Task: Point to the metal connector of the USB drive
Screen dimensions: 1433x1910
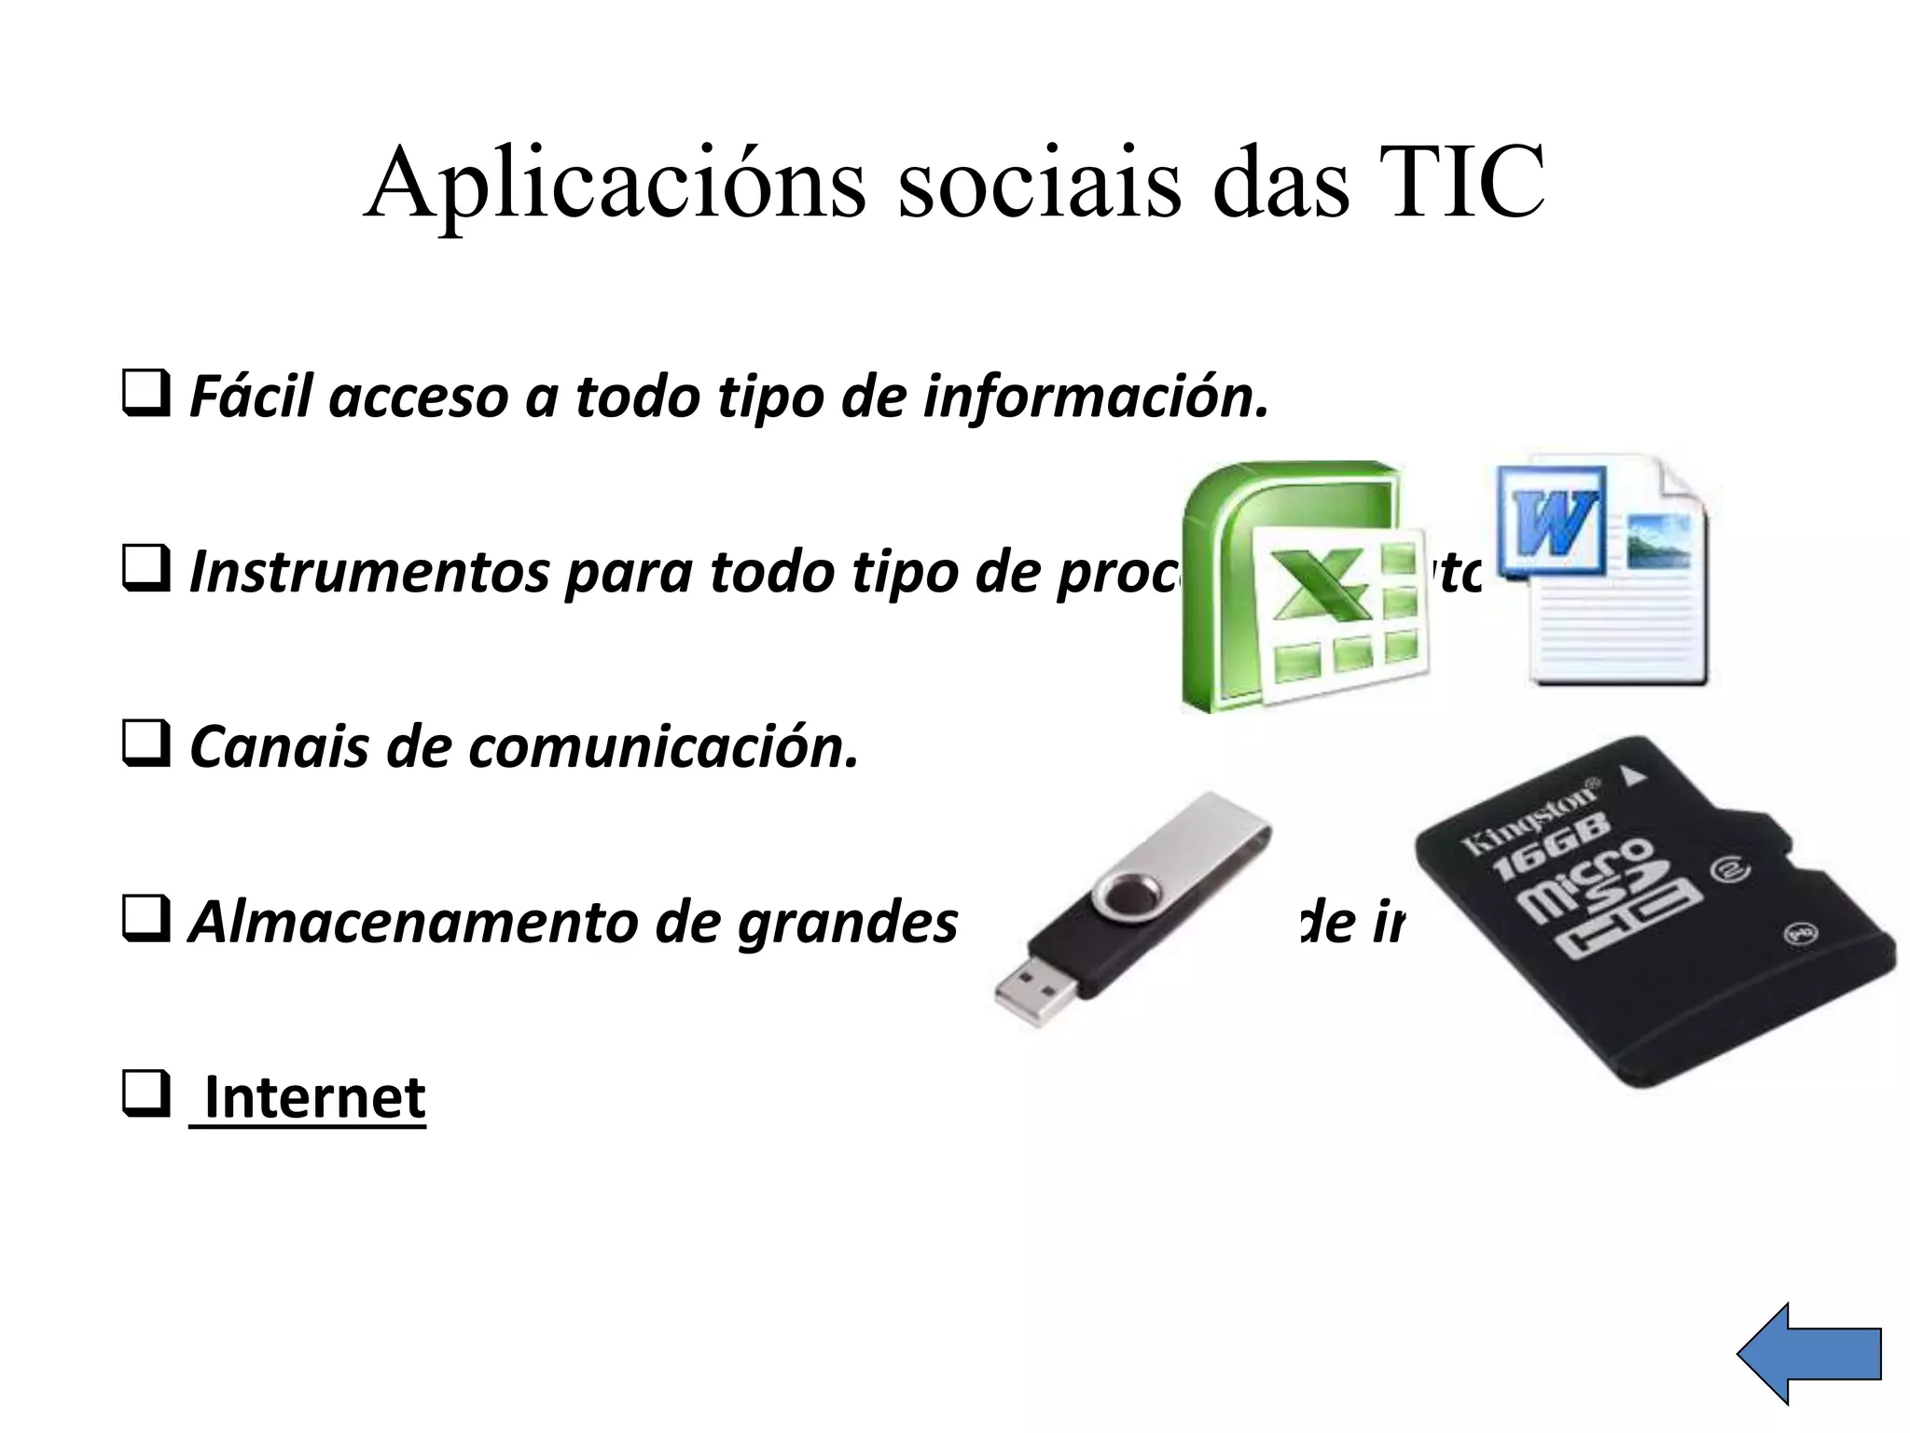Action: click(1035, 989)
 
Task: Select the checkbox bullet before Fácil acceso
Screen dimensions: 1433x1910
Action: click(145, 394)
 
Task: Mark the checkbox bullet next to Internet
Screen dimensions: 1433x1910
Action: click(145, 1095)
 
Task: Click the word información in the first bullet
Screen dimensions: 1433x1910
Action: click(1096, 397)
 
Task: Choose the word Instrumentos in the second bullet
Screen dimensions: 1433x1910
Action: click(369, 572)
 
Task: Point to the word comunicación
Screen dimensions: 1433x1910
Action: click(663, 747)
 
